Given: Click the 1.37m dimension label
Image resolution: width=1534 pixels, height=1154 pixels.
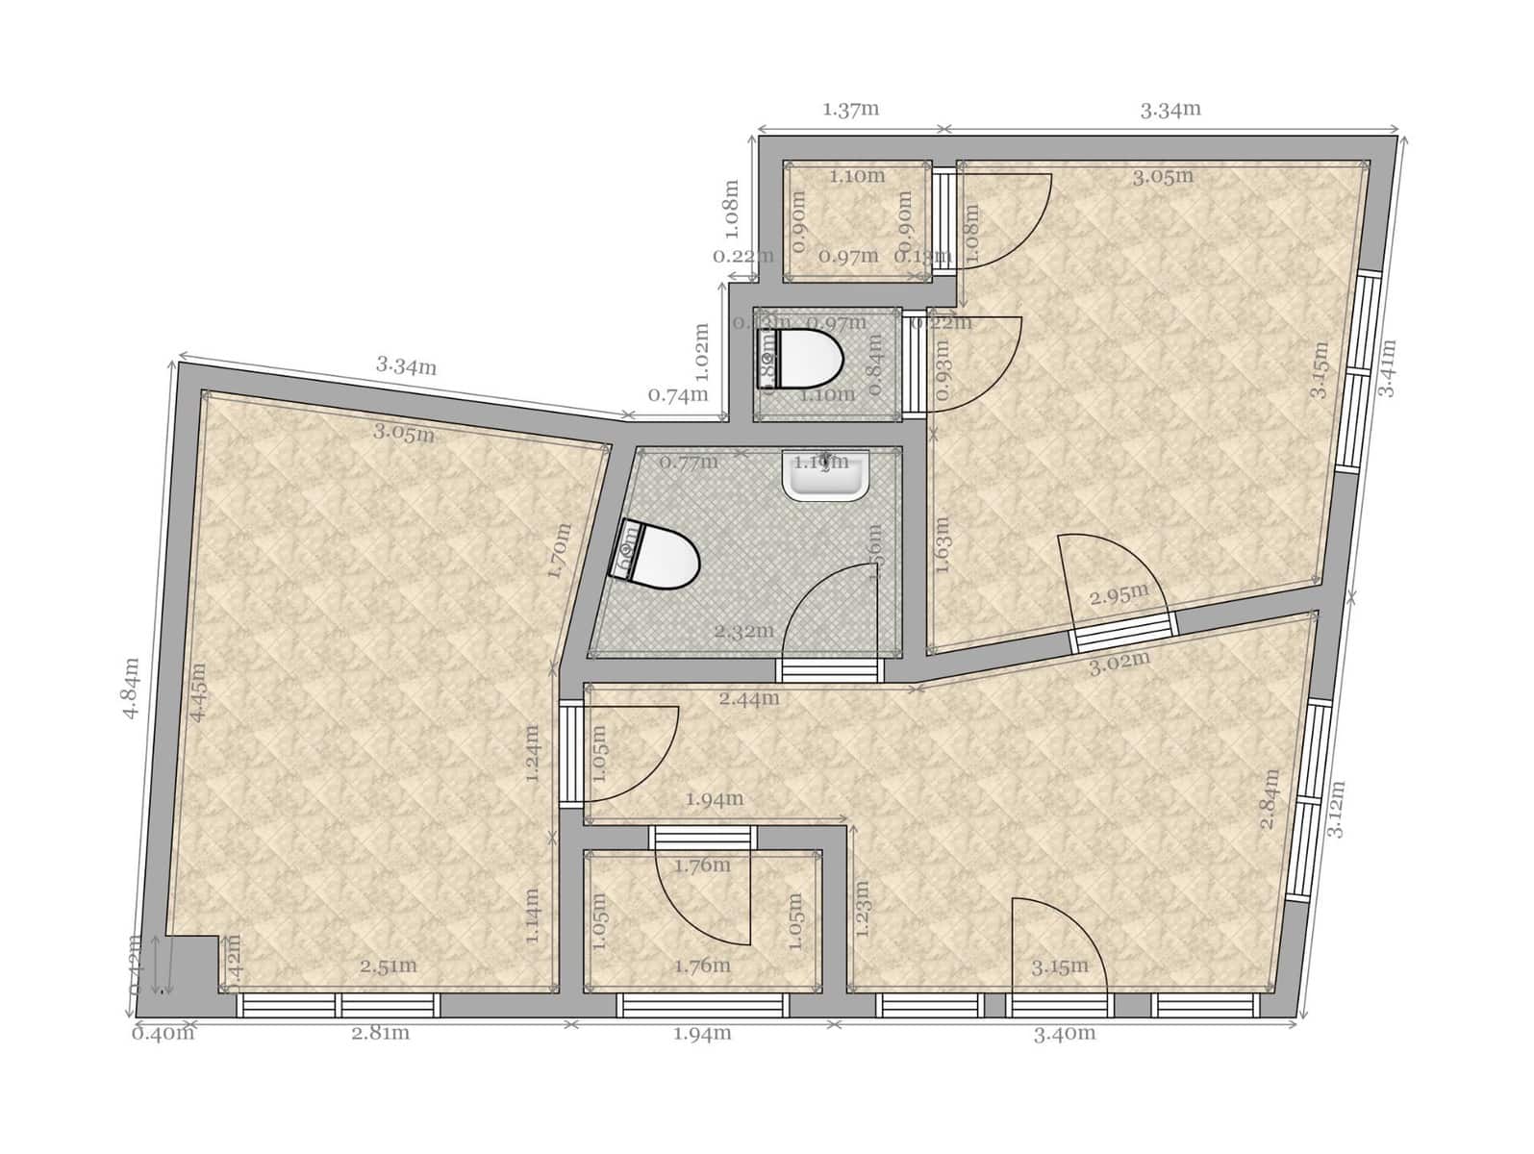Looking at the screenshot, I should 850,109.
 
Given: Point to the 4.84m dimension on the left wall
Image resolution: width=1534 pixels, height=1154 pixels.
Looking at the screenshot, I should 131,688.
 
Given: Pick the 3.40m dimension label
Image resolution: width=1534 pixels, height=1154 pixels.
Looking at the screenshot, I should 1065,1034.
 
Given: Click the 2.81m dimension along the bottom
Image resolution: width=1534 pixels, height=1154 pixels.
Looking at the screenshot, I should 380,1033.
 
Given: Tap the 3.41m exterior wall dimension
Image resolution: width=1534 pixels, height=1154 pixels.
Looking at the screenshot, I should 1386,367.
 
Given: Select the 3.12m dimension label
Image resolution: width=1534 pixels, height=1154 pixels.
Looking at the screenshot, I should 1336,808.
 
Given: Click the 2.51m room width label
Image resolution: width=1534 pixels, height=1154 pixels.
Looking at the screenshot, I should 389,966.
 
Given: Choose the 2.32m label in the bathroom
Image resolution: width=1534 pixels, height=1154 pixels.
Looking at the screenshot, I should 743,631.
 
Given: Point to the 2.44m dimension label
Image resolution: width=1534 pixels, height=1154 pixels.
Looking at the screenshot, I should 749,698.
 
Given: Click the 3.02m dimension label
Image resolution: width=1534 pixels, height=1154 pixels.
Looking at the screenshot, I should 1119,664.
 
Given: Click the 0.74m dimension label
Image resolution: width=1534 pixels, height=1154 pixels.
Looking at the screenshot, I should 678,394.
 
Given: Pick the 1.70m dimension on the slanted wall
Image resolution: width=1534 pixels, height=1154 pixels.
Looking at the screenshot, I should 559,550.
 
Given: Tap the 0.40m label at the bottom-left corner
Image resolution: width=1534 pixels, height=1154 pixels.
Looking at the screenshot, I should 163,1034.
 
